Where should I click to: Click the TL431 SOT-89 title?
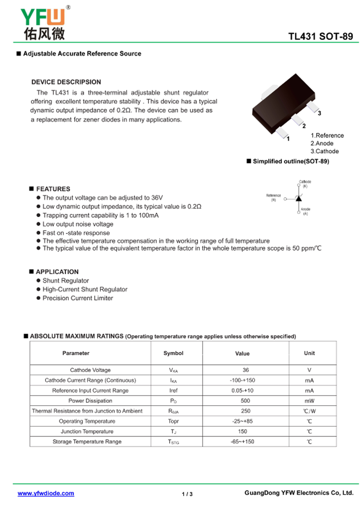(321, 37)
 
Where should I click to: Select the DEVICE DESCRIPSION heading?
(66, 82)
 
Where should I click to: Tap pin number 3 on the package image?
(319, 113)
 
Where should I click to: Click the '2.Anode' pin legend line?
(322, 143)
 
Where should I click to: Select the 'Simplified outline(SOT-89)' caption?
(290, 161)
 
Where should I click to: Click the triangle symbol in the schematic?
(298, 198)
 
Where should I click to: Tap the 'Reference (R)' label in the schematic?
(273, 197)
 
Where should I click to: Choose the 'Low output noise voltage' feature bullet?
(78, 224)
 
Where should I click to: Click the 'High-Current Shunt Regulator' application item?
(85, 289)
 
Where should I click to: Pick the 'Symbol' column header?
(173, 353)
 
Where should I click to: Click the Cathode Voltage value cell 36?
(246, 370)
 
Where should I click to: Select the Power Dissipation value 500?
(245, 401)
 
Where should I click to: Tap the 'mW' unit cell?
(309, 401)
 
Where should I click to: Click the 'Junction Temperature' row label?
(90, 431)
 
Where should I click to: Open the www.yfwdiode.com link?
(46, 493)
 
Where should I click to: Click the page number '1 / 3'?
(187, 494)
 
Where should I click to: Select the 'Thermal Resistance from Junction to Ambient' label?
(87, 411)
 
